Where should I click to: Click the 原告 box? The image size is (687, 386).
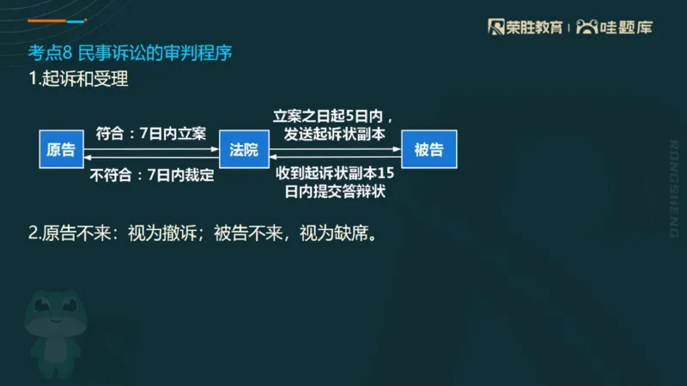tap(61, 150)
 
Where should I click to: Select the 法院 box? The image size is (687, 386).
tap(244, 150)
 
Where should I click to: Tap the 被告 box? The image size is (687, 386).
tap(429, 150)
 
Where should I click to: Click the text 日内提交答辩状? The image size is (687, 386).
tap(335, 190)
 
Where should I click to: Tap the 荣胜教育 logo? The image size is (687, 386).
tap(525, 27)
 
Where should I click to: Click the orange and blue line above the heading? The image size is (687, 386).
tap(57, 20)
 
